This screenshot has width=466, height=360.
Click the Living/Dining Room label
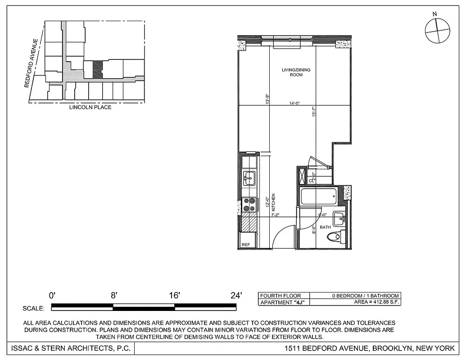click(296, 72)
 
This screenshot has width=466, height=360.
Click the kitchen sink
click(249, 178)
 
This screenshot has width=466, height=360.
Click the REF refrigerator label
click(246, 245)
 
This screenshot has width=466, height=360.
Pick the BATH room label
click(325, 227)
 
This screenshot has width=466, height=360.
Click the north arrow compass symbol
click(437, 31)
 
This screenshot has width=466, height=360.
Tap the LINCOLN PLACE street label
click(90, 108)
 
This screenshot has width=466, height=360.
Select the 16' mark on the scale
click(174, 296)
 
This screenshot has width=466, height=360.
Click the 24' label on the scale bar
click(236, 296)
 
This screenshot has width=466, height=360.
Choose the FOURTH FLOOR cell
click(281, 296)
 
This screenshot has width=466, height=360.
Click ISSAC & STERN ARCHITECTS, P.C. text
click(70, 348)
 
